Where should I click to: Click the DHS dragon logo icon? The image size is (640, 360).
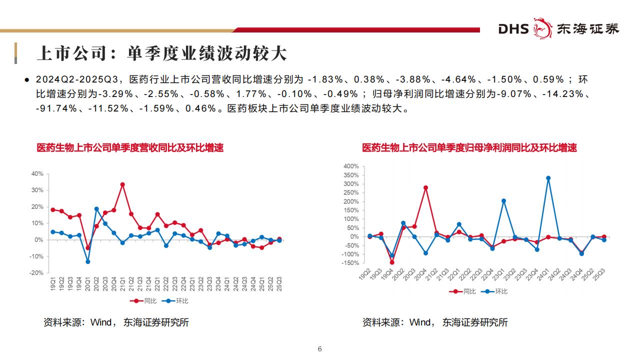pos(541,28)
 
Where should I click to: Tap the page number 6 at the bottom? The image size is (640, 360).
pos(320,349)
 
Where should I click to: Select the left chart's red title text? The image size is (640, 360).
pos(130,148)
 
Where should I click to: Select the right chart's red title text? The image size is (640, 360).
pos(469,148)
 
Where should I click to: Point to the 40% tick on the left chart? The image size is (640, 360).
pos(37,173)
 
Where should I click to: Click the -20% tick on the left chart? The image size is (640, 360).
pos(36,273)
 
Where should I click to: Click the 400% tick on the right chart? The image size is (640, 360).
pos(351,166)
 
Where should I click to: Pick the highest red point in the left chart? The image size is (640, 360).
pos(122,184)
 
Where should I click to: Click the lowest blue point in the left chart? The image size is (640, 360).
pos(87,261)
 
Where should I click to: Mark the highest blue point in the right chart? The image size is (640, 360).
pos(548,178)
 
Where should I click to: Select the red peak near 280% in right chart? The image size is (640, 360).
pos(425,187)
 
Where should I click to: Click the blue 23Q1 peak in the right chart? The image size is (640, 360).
pos(503,201)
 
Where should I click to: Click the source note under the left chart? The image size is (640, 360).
pos(116,322)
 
